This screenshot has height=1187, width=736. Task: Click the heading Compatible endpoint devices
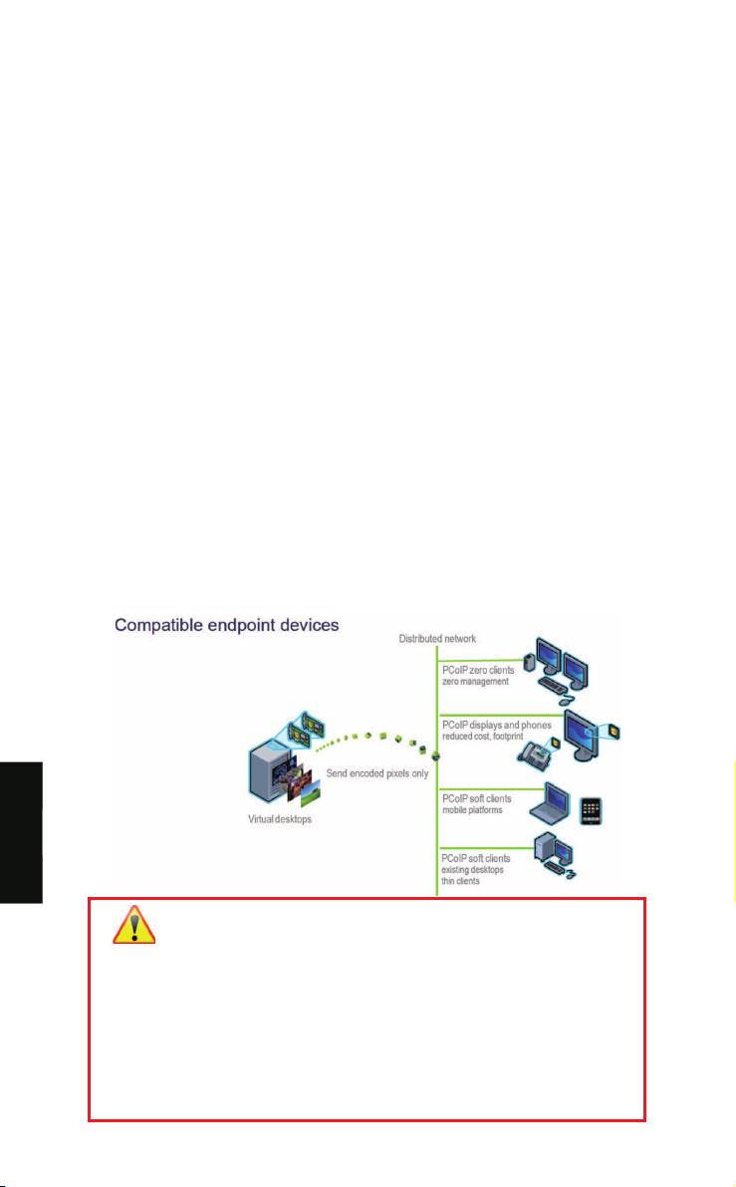tap(226, 626)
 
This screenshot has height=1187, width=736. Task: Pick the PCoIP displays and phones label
tap(496, 725)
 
